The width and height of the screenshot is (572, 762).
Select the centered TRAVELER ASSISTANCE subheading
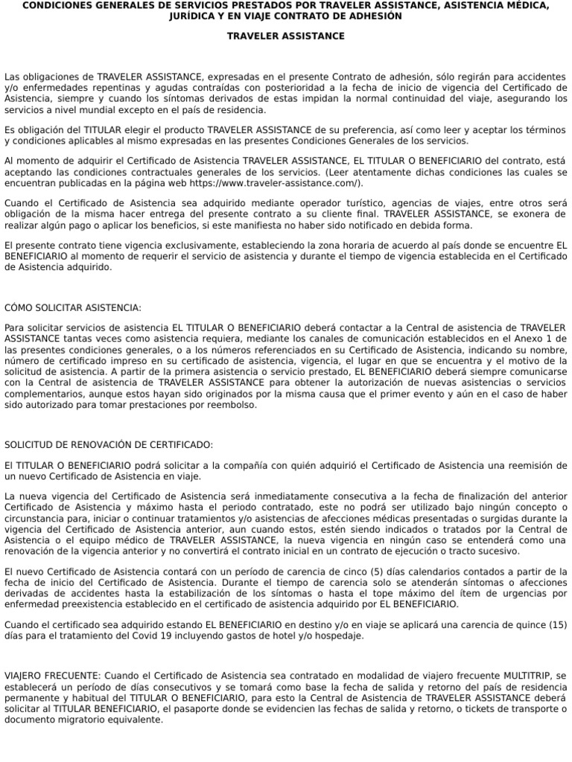[x=286, y=36]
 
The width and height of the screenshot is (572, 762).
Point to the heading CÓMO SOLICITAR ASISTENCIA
[x=72, y=307]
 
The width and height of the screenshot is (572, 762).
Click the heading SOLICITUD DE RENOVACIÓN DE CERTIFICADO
[x=109, y=444]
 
